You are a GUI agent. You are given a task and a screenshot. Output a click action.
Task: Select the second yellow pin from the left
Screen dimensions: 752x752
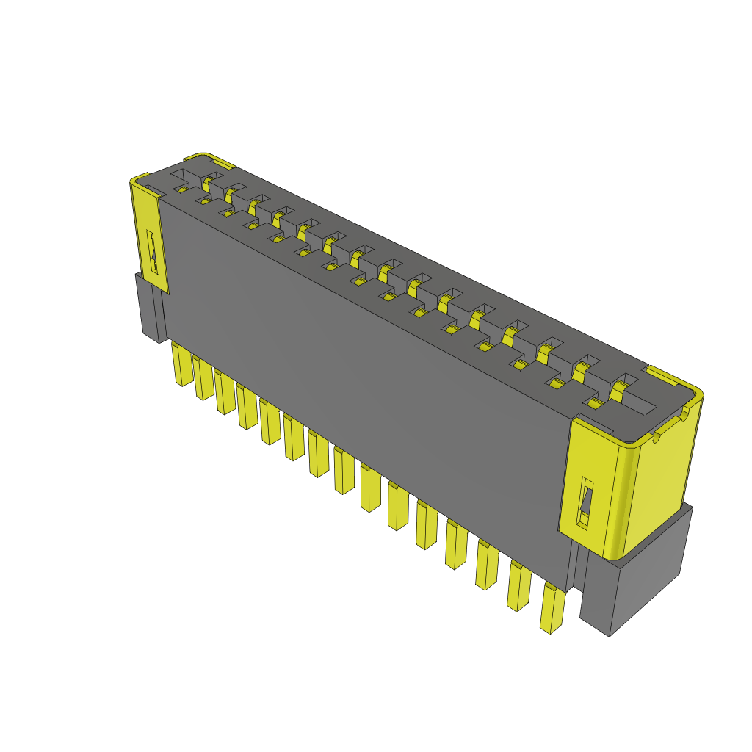pyautogui.click(x=203, y=378)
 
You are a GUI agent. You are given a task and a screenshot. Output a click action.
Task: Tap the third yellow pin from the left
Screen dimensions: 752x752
pyautogui.click(x=225, y=392)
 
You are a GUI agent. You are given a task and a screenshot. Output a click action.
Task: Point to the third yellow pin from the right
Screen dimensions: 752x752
pyautogui.click(x=486, y=565)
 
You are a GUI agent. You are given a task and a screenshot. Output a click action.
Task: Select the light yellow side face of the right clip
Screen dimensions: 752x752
pyautogui.click(x=658, y=477)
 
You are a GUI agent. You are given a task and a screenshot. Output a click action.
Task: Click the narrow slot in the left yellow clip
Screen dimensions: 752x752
pyautogui.click(x=153, y=253)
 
